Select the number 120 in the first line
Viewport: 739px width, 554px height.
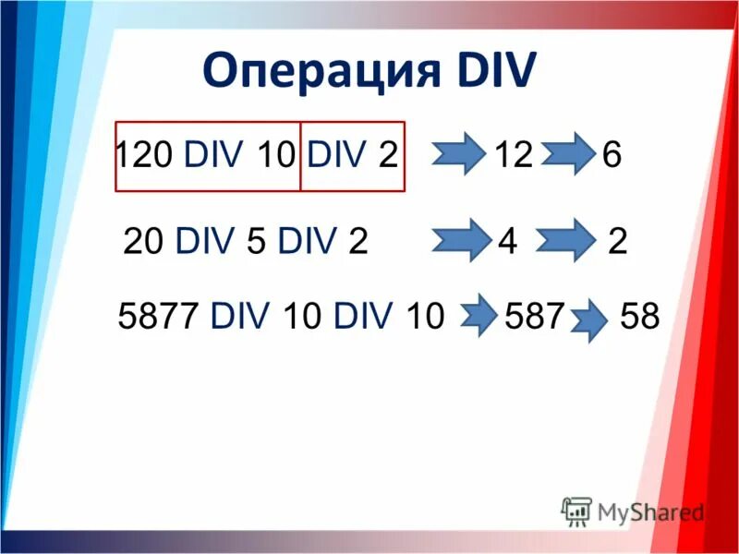click(144, 155)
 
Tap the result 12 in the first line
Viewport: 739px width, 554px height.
click(514, 155)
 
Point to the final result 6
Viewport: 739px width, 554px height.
click(612, 155)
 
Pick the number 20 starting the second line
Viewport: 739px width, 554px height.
click(144, 242)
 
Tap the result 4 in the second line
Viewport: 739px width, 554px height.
click(506, 242)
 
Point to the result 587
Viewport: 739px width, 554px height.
click(535, 317)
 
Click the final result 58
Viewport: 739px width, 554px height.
click(640, 317)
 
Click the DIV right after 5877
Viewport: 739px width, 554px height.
click(240, 317)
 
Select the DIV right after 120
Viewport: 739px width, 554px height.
click(214, 155)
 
